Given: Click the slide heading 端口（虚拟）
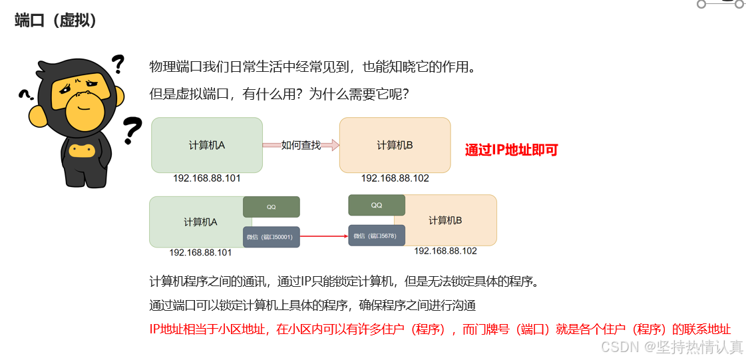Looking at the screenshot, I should click(56, 21).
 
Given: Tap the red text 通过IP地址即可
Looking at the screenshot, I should click(511, 150).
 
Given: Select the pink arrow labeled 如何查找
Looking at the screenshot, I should click(301, 145).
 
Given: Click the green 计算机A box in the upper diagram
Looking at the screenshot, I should click(206, 145).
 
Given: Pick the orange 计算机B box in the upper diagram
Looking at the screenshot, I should click(395, 145).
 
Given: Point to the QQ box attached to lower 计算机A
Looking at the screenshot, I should click(271, 207).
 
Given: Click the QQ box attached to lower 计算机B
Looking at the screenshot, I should click(377, 205).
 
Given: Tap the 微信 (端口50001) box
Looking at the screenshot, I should click(271, 237).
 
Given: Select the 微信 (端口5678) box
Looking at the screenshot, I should click(377, 236).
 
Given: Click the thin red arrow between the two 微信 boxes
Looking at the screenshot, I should click(324, 236).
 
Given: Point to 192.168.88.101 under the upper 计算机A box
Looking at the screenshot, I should click(207, 178).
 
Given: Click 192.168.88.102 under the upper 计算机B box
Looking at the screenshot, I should click(395, 178).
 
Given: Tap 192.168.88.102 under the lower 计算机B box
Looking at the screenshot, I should click(445, 251).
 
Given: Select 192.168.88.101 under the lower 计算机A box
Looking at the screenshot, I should click(200, 252).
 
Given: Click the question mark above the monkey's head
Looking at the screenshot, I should click(118, 64).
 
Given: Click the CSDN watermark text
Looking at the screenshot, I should click(672, 347).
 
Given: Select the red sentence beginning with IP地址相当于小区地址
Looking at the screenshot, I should click(440, 329).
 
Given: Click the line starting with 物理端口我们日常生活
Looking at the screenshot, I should click(313, 67).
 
